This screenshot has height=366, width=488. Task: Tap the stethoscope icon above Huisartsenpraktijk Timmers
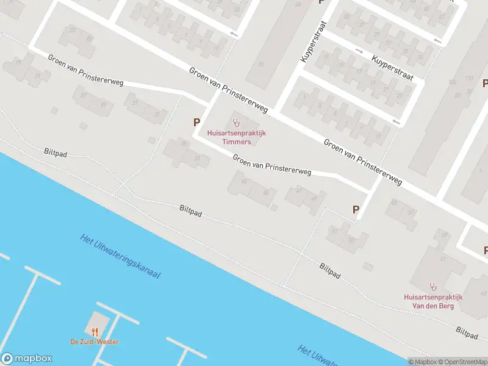point(236,123)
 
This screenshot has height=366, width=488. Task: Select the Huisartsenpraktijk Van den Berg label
point(433,301)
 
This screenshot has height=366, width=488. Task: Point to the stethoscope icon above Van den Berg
point(434,285)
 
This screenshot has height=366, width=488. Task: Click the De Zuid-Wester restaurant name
point(95,342)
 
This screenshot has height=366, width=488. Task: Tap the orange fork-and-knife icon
point(95,332)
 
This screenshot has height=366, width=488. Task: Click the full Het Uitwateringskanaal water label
point(120,256)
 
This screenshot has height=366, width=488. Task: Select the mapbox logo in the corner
point(27,359)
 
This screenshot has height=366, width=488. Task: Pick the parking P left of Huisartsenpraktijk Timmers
point(197,123)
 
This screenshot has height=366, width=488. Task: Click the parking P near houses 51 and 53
point(356,209)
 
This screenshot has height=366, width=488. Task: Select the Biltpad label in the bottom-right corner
point(467,332)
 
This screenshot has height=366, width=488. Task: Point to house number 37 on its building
point(197,158)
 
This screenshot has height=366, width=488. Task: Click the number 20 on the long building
point(261,64)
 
